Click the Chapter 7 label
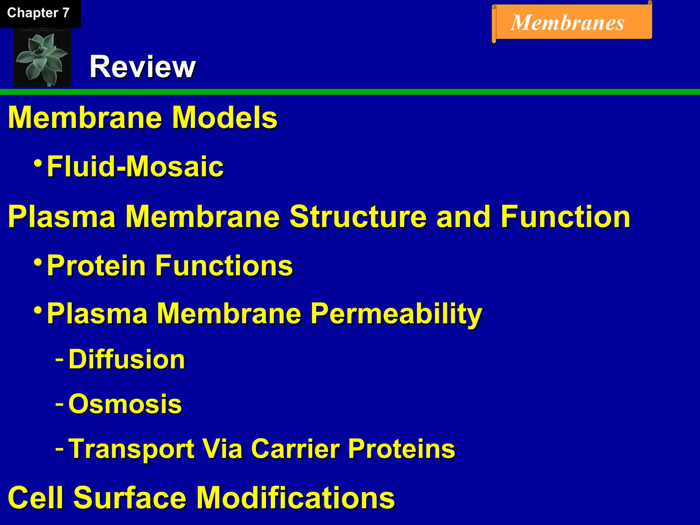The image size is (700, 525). coord(38,13)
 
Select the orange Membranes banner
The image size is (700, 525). coord(572,23)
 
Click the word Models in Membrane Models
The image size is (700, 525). coord(225,118)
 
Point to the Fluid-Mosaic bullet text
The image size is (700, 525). coord(135,166)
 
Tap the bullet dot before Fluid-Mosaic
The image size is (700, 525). coord(38,162)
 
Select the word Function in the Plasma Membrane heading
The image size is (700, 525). coord(565,217)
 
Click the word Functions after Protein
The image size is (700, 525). coord(224,266)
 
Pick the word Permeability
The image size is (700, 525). coord(396,314)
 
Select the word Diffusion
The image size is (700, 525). coord(127,360)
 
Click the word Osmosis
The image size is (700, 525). coord(125,404)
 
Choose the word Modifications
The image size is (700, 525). coord(296,498)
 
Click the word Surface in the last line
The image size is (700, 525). coord(130,498)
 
